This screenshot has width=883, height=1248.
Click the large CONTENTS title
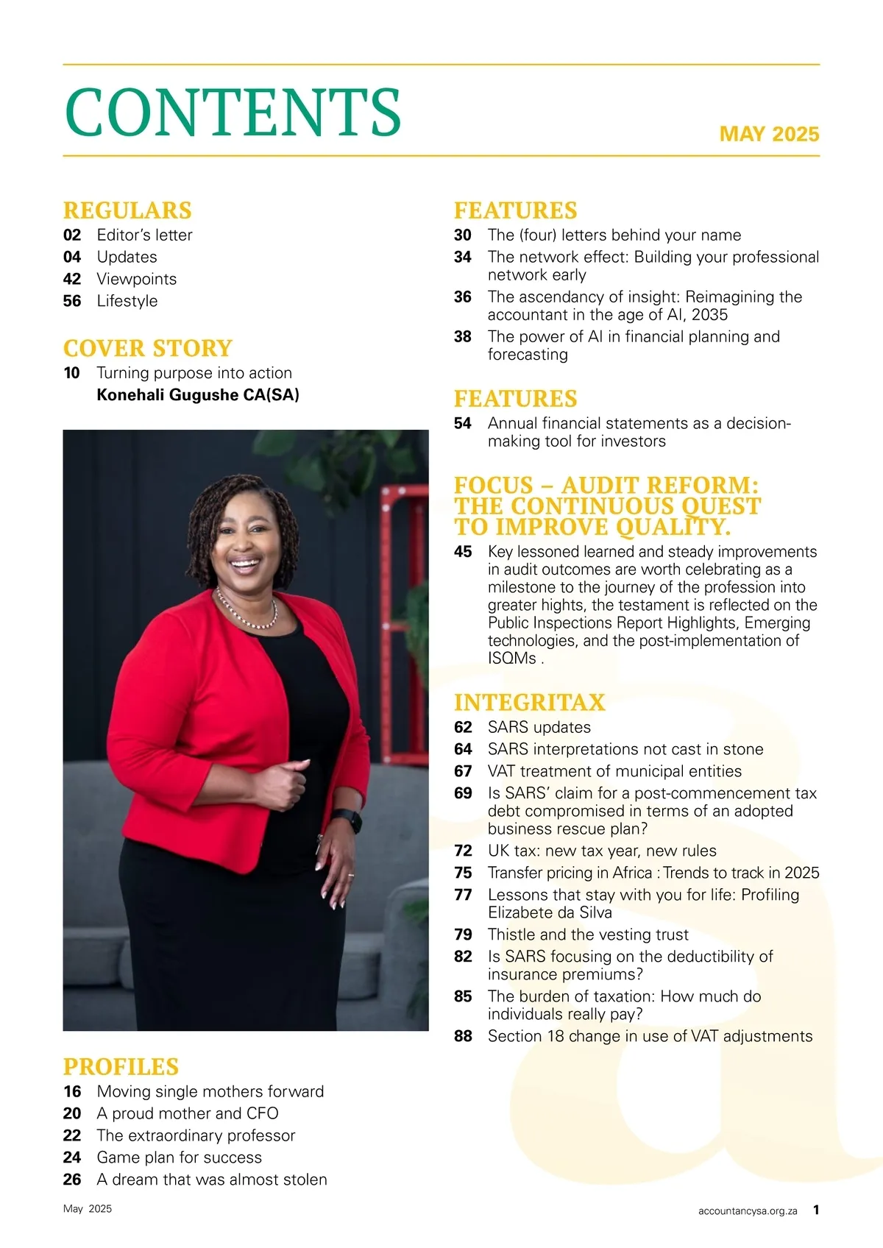coord(233,112)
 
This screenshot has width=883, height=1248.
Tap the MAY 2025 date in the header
coord(769,134)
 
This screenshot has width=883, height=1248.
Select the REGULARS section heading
coord(127,210)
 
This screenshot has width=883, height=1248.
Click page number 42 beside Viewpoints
coord(72,279)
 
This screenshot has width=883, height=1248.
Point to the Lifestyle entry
coord(127,301)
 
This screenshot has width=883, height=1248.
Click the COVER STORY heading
coord(148,348)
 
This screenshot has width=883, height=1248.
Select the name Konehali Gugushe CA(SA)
coord(198,395)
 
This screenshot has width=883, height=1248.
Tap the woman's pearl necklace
coord(247,614)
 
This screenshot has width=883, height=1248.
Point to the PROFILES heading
coord(121,1067)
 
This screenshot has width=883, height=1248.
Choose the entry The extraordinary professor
coord(196,1135)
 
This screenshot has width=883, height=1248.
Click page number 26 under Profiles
coord(72,1180)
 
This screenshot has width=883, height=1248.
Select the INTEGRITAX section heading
coord(529,703)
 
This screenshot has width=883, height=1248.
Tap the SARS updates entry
coord(539,727)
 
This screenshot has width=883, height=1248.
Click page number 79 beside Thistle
coord(463,935)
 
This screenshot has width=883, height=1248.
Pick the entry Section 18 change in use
coord(650,1036)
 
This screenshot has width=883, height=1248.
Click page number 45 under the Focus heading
coord(463,552)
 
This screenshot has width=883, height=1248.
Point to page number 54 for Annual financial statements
coord(463,423)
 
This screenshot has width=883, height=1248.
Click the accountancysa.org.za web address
coord(748,1210)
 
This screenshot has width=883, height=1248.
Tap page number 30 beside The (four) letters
coord(463,235)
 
